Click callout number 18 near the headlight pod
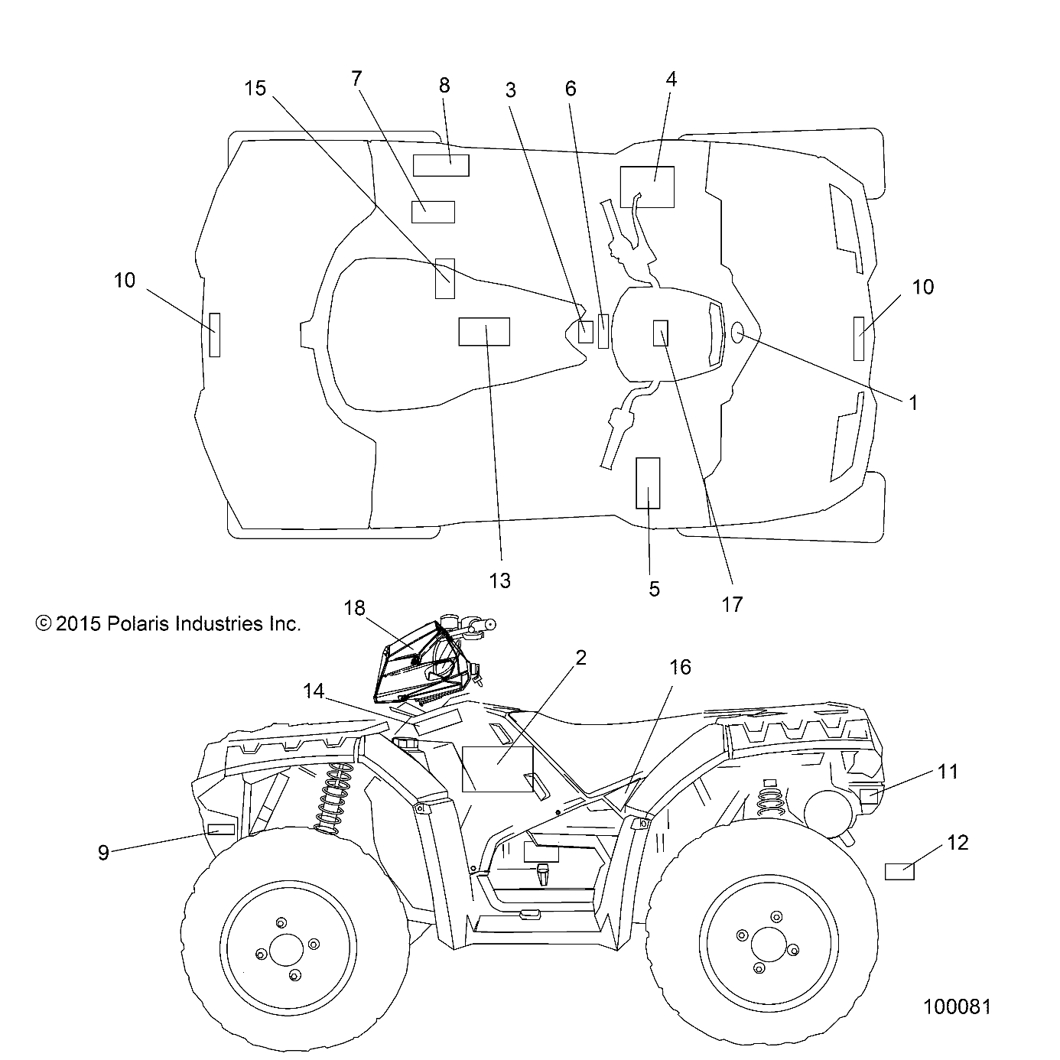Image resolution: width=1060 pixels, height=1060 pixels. tap(354, 608)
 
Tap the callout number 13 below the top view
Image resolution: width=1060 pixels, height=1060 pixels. tap(499, 581)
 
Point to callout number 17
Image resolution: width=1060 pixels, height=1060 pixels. tap(732, 604)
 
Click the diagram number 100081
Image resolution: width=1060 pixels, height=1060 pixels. tap(956, 1006)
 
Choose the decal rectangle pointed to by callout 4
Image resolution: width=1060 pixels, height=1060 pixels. tap(647, 187)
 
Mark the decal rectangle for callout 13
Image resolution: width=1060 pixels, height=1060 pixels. tap(483, 332)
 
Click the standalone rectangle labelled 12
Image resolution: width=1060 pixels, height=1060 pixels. tap(900, 871)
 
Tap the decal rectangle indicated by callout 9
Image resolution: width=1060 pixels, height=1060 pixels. tap(221, 829)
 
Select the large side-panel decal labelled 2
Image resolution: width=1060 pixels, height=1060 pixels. tap(497, 769)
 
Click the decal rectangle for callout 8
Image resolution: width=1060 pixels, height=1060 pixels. tap(441, 165)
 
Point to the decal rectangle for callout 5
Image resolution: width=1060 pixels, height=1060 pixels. tap(648, 483)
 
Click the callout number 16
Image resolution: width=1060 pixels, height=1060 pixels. tap(679, 667)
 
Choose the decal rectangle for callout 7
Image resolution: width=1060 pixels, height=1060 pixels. tap(433, 212)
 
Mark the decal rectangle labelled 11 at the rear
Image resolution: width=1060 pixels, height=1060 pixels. tap(868, 796)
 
